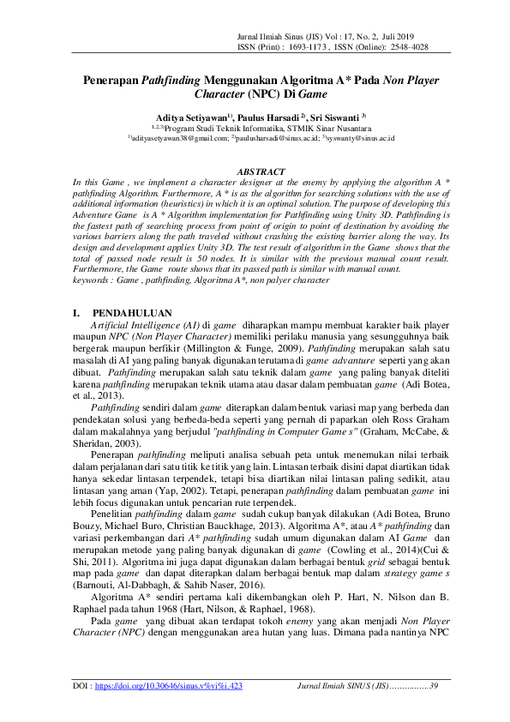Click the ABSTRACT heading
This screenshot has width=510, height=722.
point(260,172)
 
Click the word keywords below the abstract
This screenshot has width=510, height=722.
point(93,280)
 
